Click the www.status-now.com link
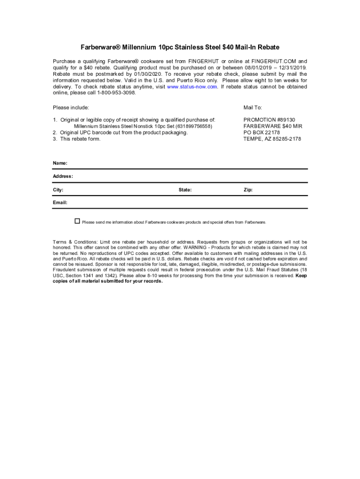(192, 87)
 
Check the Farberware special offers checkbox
(78, 221)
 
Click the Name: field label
(60, 163)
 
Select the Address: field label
(63, 177)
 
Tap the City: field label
(58, 190)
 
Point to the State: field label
(185, 190)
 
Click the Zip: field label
(248, 190)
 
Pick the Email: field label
(60, 203)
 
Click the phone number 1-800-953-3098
(117, 93)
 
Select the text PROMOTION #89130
(269, 120)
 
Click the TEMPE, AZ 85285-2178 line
(272, 139)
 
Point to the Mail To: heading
(252, 108)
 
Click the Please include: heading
(71, 108)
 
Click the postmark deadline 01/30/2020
(146, 74)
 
